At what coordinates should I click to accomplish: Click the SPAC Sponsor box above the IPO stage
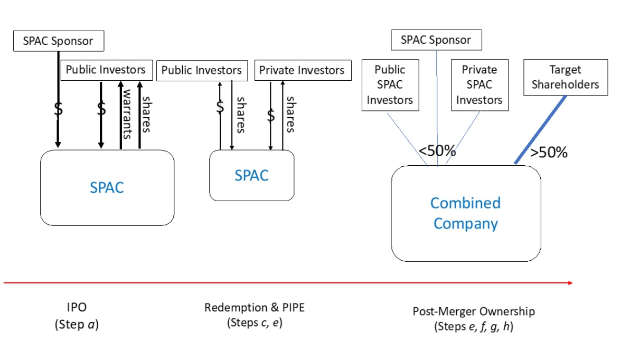pos(59,41)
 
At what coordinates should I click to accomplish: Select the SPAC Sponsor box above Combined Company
pos(436,40)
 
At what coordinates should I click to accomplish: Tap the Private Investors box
pos(303,70)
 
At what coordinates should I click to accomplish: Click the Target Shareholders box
pos(566,77)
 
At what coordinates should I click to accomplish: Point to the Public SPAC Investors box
pos(390,85)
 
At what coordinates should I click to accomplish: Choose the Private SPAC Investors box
pos(479,85)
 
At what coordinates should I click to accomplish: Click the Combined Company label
pos(466,213)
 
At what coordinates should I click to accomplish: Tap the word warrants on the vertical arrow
pos(127,114)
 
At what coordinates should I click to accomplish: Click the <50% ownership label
pos(437,150)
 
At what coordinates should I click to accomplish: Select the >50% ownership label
pos(549,152)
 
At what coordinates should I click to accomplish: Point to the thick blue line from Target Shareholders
pos(540,129)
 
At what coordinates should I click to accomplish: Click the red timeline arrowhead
pos(570,283)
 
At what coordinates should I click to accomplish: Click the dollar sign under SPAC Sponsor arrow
pos(58,108)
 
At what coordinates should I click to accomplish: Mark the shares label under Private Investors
pos(291,114)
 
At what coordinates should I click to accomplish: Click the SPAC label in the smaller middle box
pos(251,175)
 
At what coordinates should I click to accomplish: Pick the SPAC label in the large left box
pos(107,187)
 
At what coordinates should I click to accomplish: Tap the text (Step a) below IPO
pos(77,324)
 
